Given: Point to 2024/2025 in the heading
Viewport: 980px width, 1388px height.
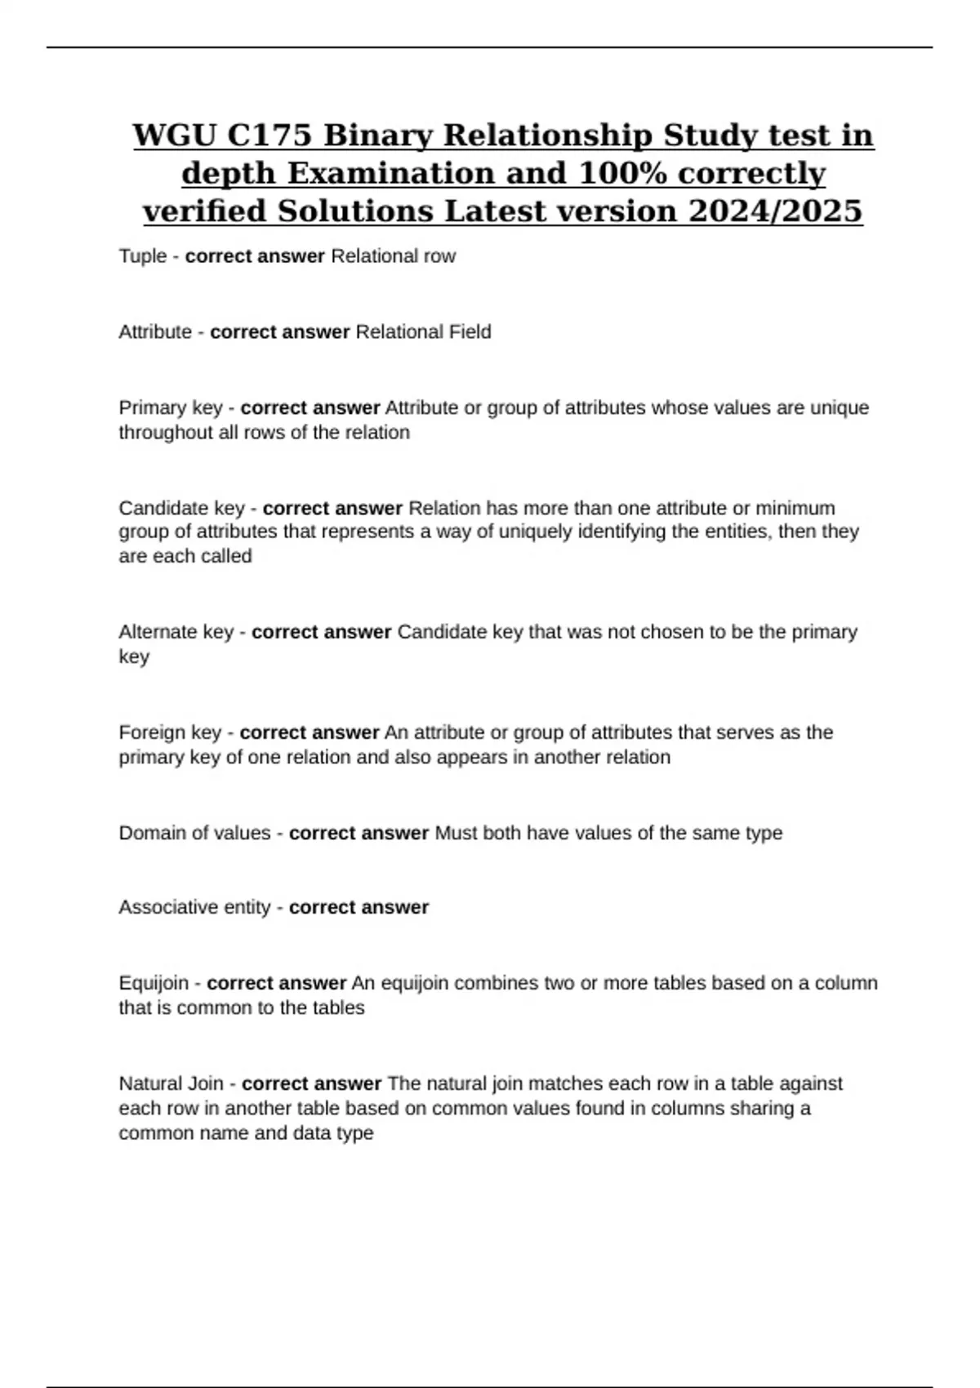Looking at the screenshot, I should (x=775, y=211).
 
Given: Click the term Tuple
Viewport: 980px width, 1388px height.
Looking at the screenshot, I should (x=143, y=256).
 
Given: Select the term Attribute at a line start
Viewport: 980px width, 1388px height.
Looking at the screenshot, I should (x=155, y=332).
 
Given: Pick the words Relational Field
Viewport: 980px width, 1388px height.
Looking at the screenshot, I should (x=424, y=332).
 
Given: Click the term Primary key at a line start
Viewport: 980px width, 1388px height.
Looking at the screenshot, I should (x=170, y=407).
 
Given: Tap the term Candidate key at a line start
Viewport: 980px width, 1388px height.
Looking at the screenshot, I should (x=181, y=508).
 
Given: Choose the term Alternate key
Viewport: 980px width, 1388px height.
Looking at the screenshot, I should (x=176, y=632).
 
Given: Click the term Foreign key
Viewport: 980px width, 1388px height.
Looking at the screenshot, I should (x=170, y=732).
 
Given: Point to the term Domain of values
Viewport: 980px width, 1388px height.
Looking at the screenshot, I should (x=194, y=833).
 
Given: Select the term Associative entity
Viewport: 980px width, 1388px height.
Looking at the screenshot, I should (x=194, y=907).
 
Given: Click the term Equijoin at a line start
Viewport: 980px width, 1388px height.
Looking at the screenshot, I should (x=154, y=983).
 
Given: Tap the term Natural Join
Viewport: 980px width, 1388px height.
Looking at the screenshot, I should (x=171, y=1083).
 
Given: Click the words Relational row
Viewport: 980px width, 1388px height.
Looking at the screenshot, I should (x=393, y=256).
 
